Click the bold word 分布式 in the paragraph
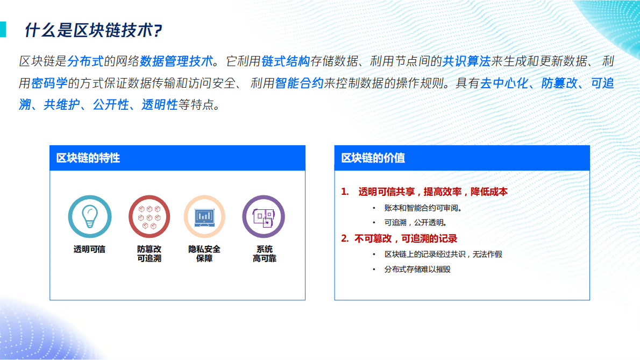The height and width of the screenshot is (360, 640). (x=86, y=61)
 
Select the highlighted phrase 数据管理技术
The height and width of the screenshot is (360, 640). (x=176, y=61)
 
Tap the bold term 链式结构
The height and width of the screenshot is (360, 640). (x=286, y=61)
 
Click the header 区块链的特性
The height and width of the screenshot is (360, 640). (x=88, y=158)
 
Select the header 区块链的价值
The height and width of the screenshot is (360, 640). (x=373, y=158)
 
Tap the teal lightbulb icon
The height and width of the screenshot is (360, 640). (x=89, y=216)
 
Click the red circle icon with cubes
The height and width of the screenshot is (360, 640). (x=149, y=216)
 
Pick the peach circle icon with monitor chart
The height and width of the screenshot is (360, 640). (x=204, y=216)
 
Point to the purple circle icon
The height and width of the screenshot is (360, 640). (x=264, y=216)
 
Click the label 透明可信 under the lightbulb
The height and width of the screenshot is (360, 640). (x=89, y=249)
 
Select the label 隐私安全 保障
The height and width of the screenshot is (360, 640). (x=204, y=253)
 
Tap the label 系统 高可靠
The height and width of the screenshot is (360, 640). (x=264, y=253)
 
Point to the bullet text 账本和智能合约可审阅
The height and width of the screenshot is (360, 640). (x=423, y=208)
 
